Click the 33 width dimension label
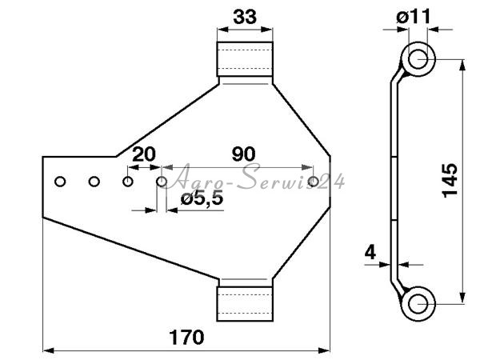[245, 17]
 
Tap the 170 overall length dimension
[186, 337]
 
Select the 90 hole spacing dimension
[244, 154]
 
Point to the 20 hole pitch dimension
[144, 154]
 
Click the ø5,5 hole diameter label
[202, 199]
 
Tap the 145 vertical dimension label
[450, 181]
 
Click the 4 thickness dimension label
[370, 253]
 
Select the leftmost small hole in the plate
[60, 182]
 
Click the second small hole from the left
[94, 182]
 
